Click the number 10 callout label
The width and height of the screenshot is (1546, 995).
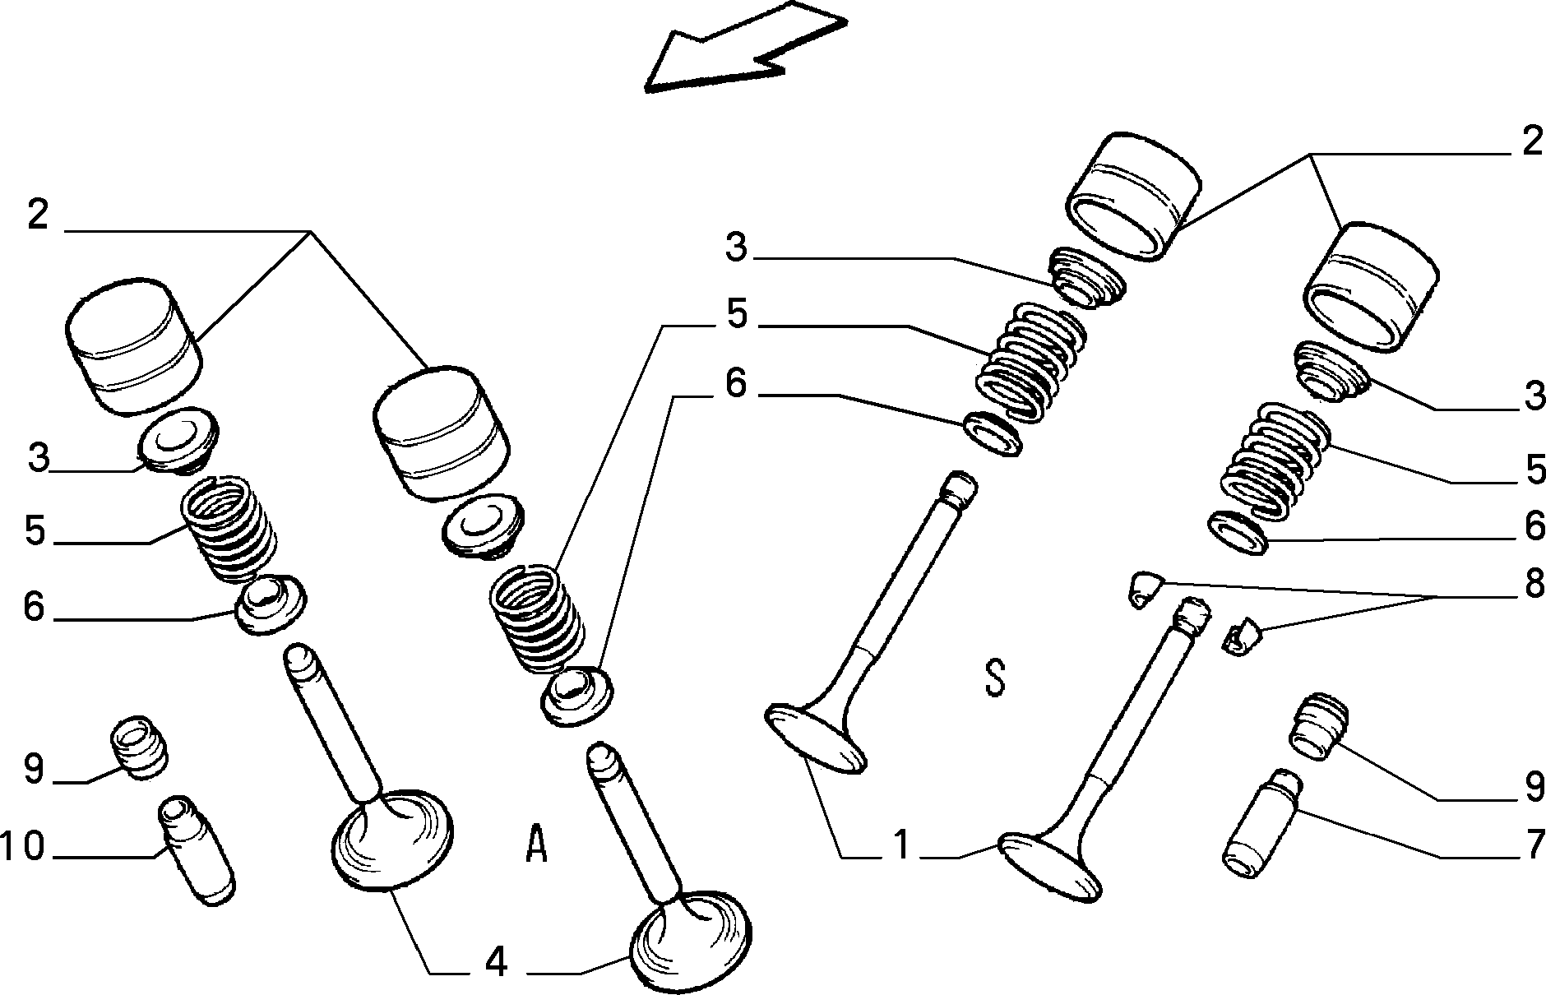pyautogui.click(x=22, y=847)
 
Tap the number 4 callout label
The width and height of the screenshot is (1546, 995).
pyautogui.click(x=496, y=961)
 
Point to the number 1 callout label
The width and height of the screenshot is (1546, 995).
pyautogui.click(x=902, y=845)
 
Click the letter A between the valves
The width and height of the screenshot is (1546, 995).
pyautogui.click(x=536, y=844)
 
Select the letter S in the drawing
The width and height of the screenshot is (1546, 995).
pyautogui.click(x=995, y=677)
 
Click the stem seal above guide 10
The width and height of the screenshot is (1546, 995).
pyautogui.click(x=140, y=747)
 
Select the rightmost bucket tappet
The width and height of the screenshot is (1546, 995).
pyautogui.click(x=1371, y=287)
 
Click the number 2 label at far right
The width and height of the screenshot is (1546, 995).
pyautogui.click(x=1532, y=142)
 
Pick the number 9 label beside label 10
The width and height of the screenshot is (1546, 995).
pyautogui.click(x=33, y=770)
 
